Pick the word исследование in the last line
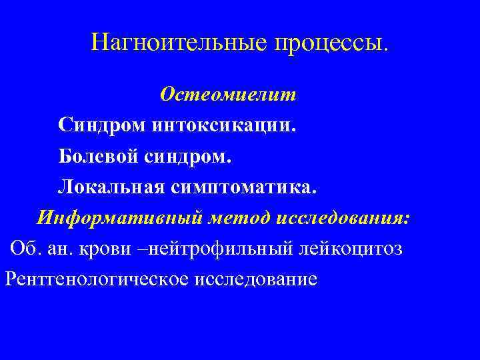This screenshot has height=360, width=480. pyautogui.click(x=256, y=279)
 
